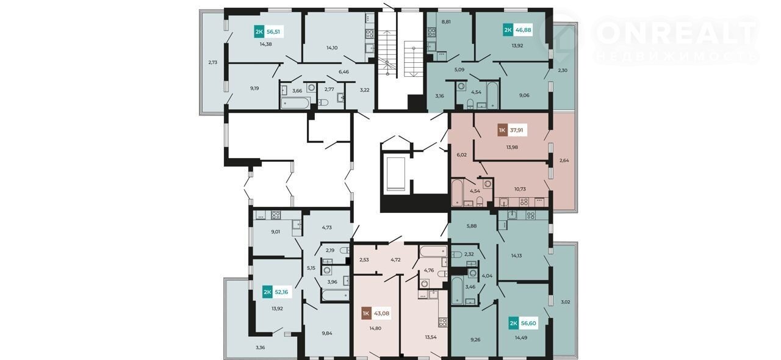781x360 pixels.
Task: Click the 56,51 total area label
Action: (274, 32)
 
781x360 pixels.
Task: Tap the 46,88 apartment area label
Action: (523, 30)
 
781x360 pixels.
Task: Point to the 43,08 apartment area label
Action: (381, 313)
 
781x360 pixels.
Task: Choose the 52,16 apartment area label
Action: (282, 292)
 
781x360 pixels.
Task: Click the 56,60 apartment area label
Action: (528, 323)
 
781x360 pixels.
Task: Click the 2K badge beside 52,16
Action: (267, 292)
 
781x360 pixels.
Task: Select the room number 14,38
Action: (265, 45)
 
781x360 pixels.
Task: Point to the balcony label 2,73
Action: (213, 62)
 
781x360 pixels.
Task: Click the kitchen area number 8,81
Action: (446, 21)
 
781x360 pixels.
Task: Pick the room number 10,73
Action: (520, 189)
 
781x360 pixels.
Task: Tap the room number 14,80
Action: (375, 328)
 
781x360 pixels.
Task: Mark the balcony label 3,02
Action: (565, 302)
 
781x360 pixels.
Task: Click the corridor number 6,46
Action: (344, 72)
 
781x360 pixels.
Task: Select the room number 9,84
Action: (326, 333)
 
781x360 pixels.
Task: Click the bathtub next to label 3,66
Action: (295, 103)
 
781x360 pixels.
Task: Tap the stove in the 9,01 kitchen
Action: (276, 215)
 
